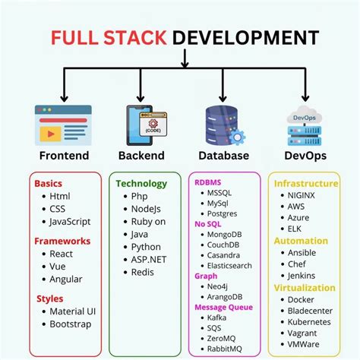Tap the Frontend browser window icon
pyautogui.click(x=63, y=125)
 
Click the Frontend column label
pyautogui.click(x=64, y=156)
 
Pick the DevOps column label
pyautogui.click(x=305, y=156)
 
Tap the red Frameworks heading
pyautogui.click(x=62, y=241)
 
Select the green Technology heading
pyautogui.click(x=141, y=184)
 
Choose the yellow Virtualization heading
pyautogui.click(x=305, y=288)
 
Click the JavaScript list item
pyautogui.click(x=71, y=222)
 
